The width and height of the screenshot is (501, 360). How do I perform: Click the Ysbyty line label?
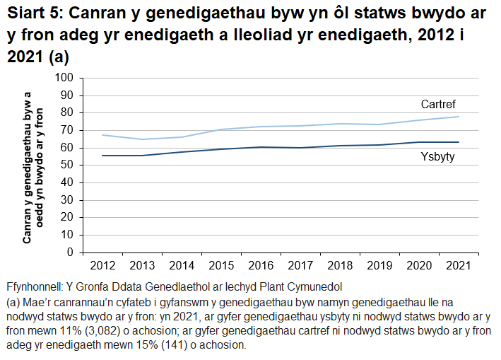point(437,157)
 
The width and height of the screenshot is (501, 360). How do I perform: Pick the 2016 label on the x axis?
point(261,265)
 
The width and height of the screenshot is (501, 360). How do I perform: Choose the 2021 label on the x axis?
point(459,265)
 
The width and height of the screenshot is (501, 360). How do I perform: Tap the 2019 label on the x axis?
point(379,265)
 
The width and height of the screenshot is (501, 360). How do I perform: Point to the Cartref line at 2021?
point(459,117)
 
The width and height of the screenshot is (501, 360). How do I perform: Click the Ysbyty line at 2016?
point(261,147)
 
